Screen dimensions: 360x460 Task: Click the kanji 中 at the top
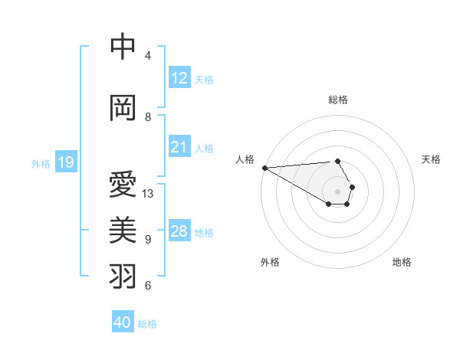[x=123, y=46]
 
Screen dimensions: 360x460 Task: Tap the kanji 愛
[x=123, y=185]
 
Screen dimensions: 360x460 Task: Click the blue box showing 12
[x=179, y=78]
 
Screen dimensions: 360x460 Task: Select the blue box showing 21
[x=179, y=147]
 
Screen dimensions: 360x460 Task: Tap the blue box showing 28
[x=179, y=231]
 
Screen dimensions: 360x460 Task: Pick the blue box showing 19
[x=66, y=162]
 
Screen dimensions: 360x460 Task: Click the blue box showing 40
[x=123, y=322]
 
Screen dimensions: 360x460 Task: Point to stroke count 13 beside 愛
[x=148, y=194]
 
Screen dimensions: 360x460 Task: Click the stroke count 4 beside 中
[x=148, y=56]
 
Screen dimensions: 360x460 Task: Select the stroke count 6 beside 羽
[x=148, y=286]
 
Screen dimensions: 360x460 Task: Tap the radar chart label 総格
[x=338, y=100]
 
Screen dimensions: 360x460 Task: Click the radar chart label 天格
[x=431, y=159]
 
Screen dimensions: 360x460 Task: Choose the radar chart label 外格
[x=270, y=262]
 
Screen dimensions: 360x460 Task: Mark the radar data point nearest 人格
[x=264, y=168]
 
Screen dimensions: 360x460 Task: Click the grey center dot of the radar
[x=337, y=191]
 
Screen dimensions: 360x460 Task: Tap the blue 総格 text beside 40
[x=147, y=324]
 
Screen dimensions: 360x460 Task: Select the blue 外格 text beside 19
[x=40, y=163]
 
